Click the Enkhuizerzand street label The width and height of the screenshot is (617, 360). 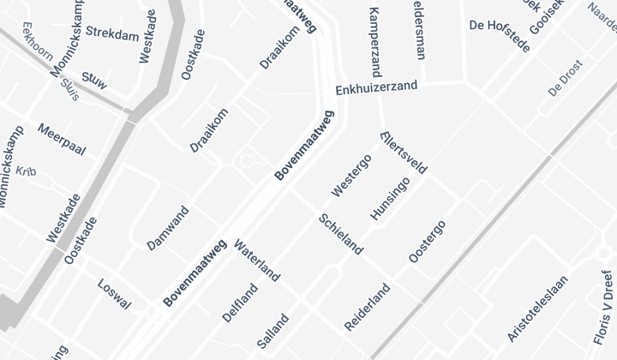tap(376, 87)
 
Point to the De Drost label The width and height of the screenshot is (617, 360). tap(565, 78)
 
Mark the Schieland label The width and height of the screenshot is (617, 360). tap(340, 233)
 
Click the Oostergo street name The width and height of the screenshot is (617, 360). tap(427, 242)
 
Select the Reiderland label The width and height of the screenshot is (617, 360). tap(367, 307)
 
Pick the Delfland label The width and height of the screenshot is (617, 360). tap(240, 303)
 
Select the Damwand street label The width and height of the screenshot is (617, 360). tap(167, 227)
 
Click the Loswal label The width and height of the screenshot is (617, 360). tap(114, 293)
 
